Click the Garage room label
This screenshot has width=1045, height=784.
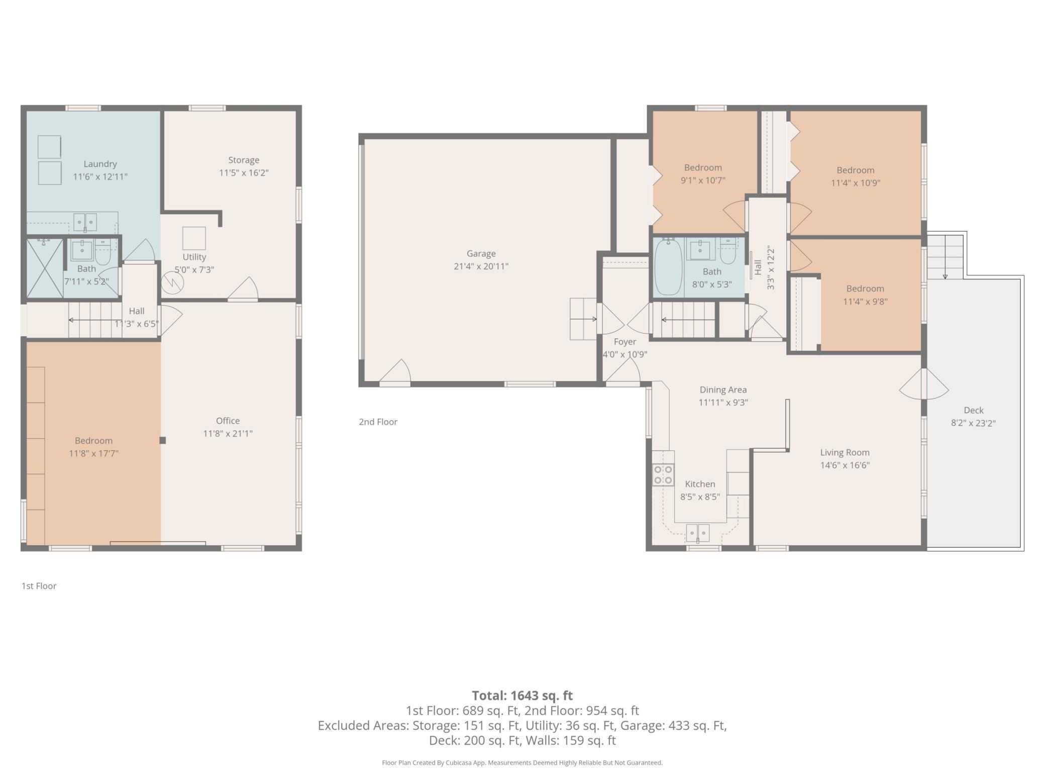(481, 254)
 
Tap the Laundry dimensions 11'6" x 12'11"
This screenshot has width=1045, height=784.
(100, 177)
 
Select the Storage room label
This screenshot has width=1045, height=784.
(244, 160)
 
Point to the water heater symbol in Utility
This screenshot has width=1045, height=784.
(173, 282)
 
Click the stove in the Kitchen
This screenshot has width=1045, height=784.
(663, 475)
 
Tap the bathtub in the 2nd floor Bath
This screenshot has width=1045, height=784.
(668, 267)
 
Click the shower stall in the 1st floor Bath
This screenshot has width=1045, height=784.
(45, 268)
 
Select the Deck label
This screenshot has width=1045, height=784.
(973, 410)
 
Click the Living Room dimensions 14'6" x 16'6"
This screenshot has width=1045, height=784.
(845, 465)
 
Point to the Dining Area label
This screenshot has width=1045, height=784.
(723, 389)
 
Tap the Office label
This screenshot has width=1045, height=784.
(228, 421)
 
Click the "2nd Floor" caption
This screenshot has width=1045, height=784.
(378, 422)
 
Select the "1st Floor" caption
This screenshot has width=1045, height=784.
(39, 586)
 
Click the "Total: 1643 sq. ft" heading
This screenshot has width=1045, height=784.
(522, 696)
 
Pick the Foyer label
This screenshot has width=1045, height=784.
(624, 342)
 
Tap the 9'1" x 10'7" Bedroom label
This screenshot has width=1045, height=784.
(703, 168)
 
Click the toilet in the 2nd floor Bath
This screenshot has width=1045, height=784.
(727, 251)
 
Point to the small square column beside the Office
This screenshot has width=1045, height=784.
(162, 440)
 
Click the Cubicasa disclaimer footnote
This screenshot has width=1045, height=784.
(522, 762)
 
